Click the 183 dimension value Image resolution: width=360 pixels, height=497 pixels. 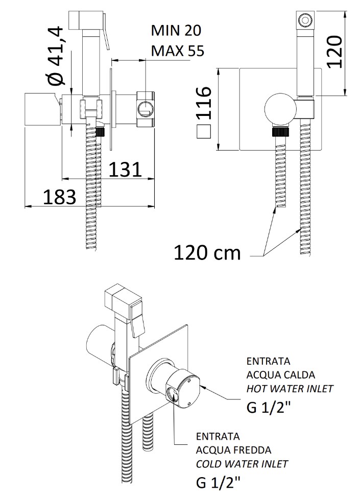59,197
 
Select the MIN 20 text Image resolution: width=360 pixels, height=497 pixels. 176,31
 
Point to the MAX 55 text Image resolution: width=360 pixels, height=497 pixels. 177,51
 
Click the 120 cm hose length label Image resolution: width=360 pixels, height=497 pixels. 207,252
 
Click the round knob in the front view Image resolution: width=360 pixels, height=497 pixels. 279,108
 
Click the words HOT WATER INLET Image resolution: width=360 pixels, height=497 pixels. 290,389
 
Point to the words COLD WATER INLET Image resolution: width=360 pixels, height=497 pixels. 242,464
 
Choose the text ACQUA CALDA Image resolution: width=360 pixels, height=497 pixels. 280,375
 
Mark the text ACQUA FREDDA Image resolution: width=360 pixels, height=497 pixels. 234,450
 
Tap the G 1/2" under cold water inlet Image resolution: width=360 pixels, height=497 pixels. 218,482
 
